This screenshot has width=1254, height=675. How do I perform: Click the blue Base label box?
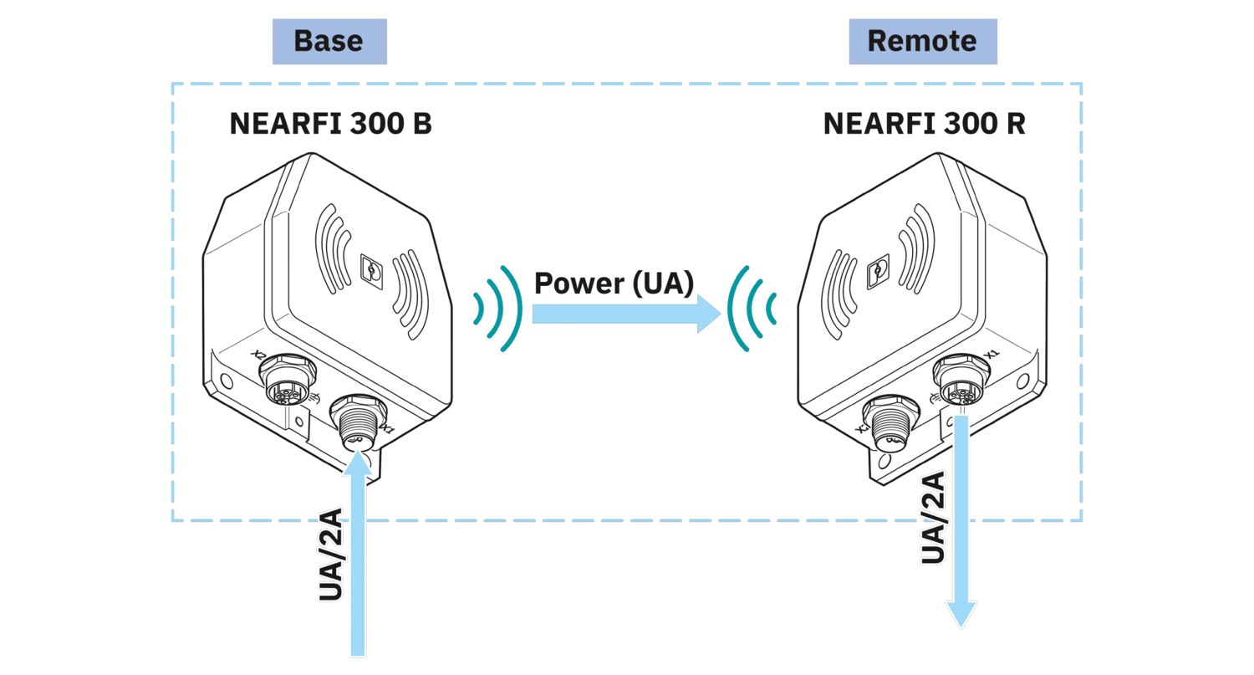tap(329, 42)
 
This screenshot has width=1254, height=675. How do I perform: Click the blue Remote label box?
tap(923, 42)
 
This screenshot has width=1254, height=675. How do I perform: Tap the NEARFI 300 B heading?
tap(331, 124)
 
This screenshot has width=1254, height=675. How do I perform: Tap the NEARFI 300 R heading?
tap(925, 124)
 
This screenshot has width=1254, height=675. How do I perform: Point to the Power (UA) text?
tap(614, 283)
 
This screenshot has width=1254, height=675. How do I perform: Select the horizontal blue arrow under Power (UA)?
tap(626, 314)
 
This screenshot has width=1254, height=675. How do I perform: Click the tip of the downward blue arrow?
tap(961, 627)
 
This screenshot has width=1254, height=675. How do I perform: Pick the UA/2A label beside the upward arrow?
tap(330, 555)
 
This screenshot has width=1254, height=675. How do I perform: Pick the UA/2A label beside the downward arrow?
tap(933, 518)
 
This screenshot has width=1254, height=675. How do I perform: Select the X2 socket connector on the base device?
tap(288, 378)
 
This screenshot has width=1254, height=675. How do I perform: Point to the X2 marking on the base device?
tap(258, 354)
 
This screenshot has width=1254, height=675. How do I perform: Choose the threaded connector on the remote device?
tap(890, 422)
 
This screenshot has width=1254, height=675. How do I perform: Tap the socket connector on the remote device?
tap(961, 379)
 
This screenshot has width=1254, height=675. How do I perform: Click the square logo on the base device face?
tap(371, 272)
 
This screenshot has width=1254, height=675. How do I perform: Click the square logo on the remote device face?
tap(878, 272)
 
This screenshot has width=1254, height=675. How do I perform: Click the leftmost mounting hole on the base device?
tap(227, 381)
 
